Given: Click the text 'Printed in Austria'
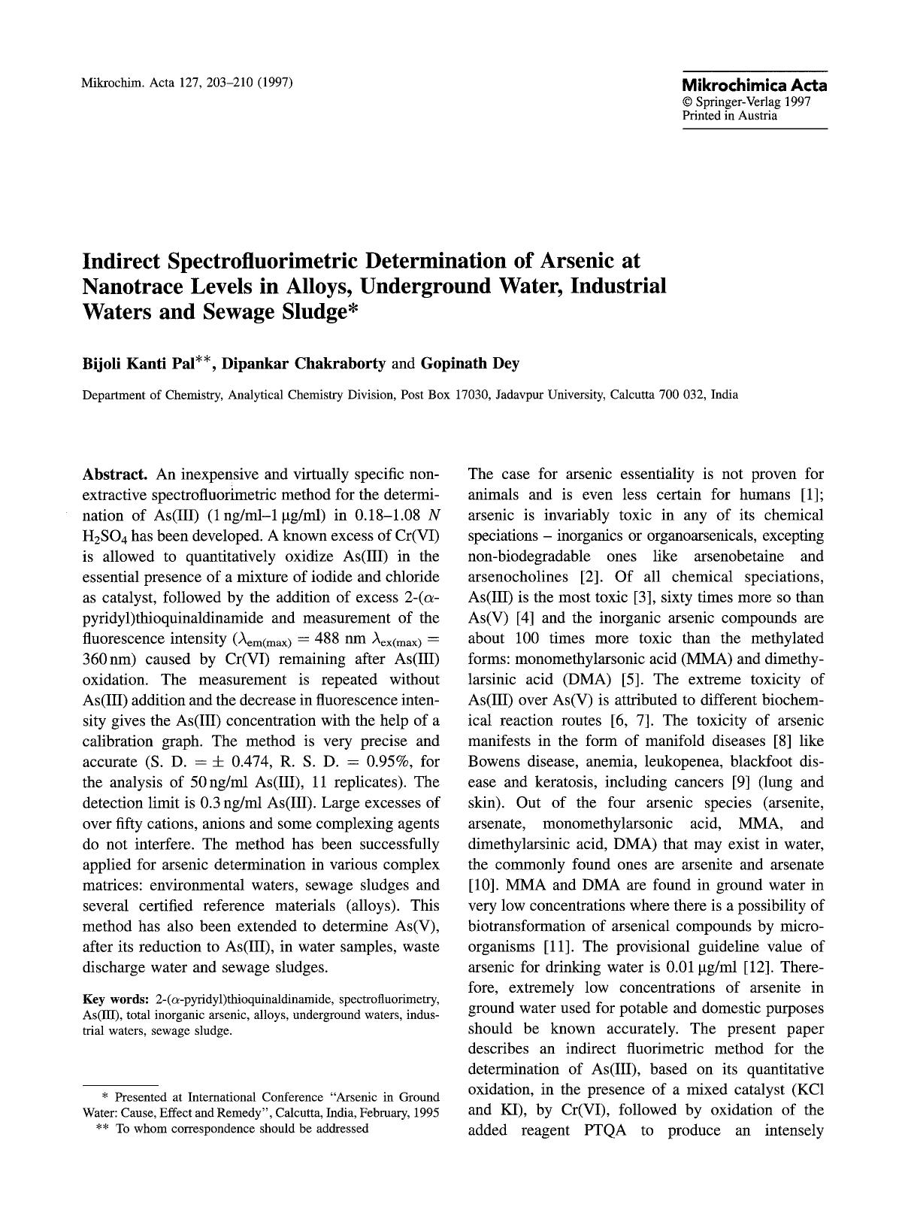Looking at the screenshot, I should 729,116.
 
